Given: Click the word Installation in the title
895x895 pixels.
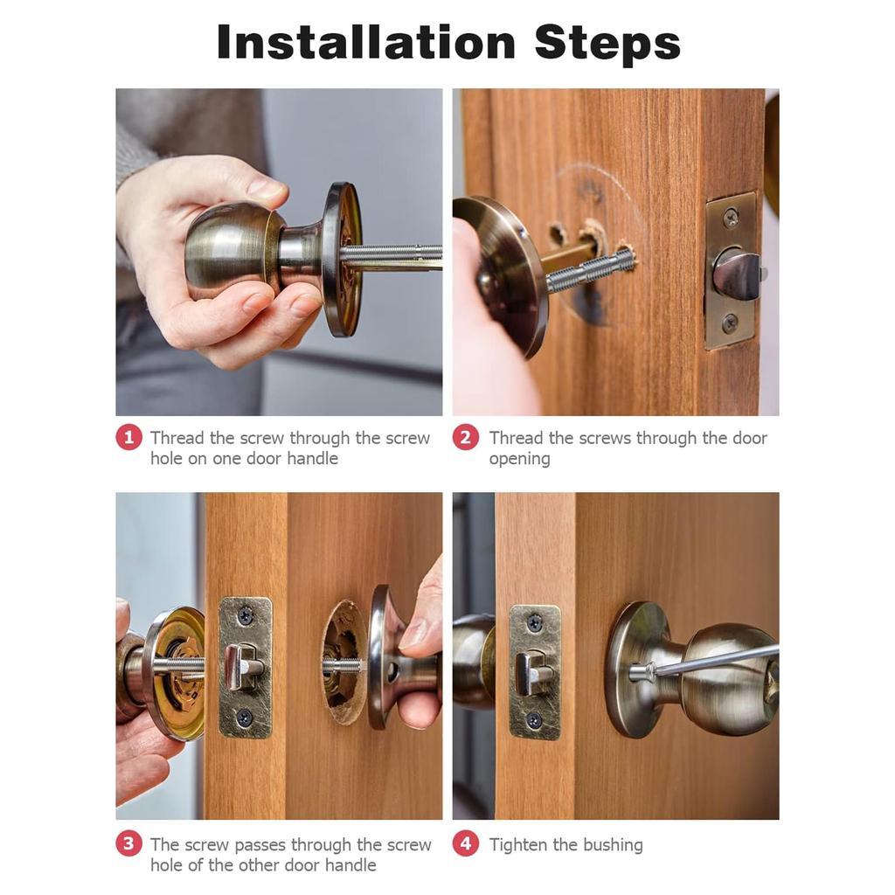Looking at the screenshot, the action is (366, 43).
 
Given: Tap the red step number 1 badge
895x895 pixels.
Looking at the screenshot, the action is (129, 438).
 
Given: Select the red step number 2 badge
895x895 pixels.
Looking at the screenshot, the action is (466, 438).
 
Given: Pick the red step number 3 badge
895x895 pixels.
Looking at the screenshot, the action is (129, 843).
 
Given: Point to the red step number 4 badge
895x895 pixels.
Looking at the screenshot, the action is (466, 843).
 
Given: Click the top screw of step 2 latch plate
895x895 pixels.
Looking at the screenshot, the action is (731, 218).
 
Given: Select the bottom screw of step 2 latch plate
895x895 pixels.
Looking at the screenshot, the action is (730, 323).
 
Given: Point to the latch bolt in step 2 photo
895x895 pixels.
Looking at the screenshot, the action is (737, 272).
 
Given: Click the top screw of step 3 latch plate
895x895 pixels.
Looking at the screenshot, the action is (246, 615).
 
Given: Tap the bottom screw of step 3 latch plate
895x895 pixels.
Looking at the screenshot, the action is (245, 717).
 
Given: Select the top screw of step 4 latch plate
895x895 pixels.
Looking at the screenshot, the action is (534, 622).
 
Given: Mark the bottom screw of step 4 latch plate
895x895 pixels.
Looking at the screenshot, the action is (534, 720).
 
